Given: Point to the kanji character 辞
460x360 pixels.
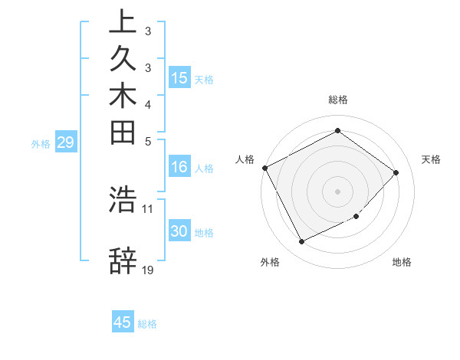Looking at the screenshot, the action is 123,261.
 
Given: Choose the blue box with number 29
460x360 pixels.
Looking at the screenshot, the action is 67,142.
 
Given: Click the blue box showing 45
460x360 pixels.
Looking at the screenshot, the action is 123,322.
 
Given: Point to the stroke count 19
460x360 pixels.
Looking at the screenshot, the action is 148,270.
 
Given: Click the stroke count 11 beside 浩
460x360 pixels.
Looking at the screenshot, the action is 148,208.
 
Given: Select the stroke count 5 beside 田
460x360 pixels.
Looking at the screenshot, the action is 148,141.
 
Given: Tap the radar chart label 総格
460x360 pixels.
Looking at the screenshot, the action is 338,100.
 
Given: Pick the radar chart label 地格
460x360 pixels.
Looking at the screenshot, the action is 402,262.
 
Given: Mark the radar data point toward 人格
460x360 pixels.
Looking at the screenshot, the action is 264,168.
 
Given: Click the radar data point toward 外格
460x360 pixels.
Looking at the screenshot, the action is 301,242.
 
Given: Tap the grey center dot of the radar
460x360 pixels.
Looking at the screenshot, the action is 338,191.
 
